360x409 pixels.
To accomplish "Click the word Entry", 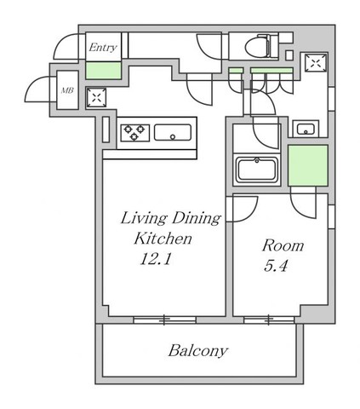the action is tap(103, 48).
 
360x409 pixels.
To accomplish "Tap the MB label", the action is tap(67, 90).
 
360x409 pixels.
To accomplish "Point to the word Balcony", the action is tap(198, 351).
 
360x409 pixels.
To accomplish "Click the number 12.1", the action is tap(156, 259).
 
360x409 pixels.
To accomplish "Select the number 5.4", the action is tap(276, 266).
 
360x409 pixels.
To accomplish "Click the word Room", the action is tap(283, 245).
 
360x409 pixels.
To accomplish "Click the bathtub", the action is tap(257, 170).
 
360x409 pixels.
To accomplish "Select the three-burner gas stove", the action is tap(135, 133).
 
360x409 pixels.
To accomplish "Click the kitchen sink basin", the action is tap(173, 132).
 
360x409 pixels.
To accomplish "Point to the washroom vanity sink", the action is tap(306, 129).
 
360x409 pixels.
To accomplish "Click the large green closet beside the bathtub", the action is tap(308, 165).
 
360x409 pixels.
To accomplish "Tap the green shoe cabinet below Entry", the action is tap(103, 70).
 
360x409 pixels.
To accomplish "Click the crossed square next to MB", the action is tap(96, 98).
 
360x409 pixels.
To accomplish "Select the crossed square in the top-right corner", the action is tap(316, 62).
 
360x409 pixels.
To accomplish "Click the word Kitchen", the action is tap(163, 239).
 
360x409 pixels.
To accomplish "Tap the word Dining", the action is tap(197, 219).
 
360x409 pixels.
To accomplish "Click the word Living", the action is tap(144, 219).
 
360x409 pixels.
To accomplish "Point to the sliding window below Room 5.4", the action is tap(269, 320).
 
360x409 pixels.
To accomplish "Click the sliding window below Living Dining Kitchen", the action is tap(164, 320).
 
